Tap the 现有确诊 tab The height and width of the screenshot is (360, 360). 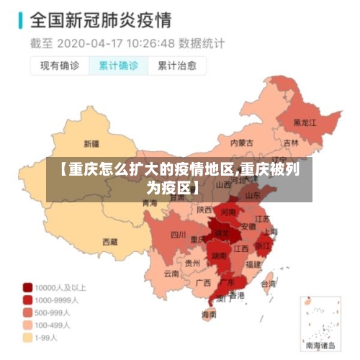[59, 66]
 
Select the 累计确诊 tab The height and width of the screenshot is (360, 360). [118, 66]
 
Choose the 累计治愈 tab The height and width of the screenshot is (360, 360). [177, 66]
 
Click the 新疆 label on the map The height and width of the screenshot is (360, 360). [91, 143]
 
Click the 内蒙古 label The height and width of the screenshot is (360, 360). [242, 143]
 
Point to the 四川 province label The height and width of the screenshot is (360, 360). [178, 234]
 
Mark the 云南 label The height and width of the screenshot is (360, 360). [171, 273]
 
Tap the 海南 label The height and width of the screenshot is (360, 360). [209, 315]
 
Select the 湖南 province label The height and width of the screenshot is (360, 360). [219, 256]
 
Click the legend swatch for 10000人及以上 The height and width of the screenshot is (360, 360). [28, 286]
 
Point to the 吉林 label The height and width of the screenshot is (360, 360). [291, 143]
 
